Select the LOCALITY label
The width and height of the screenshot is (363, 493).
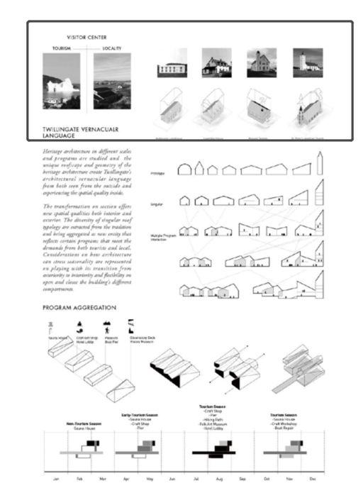click(x=111, y=49)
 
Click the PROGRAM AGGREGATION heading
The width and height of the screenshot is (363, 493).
click(x=79, y=309)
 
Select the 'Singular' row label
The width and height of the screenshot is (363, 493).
click(x=157, y=204)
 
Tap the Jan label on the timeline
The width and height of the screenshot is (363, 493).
click(x=56, y=479)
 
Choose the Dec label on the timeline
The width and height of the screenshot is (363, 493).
click(x=311, y=479)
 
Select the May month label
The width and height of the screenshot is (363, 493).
click(x=150, y=479)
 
